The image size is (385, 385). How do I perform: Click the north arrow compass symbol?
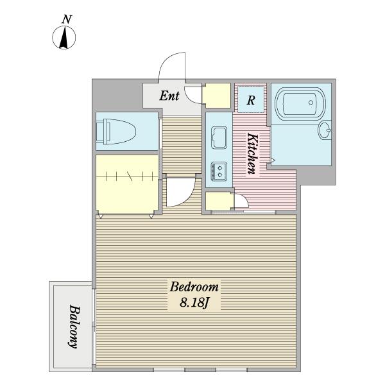64,38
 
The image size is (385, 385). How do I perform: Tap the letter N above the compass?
67,19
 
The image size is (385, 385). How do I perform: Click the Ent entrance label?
169,96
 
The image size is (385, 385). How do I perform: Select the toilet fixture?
116,132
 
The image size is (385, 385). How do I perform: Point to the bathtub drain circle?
311,103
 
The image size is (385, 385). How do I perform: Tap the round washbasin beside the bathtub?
324,130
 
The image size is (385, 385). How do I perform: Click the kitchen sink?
219,137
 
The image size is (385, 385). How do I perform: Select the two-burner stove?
219,171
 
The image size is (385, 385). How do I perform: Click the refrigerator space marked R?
251,99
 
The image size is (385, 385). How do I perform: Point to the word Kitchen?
253,153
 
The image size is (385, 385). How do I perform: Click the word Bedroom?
194,287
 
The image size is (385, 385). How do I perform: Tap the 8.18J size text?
194,302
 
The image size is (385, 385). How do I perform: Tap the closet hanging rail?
127,176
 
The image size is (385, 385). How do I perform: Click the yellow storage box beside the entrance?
217,96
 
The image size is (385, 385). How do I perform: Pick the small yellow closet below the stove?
219,201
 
